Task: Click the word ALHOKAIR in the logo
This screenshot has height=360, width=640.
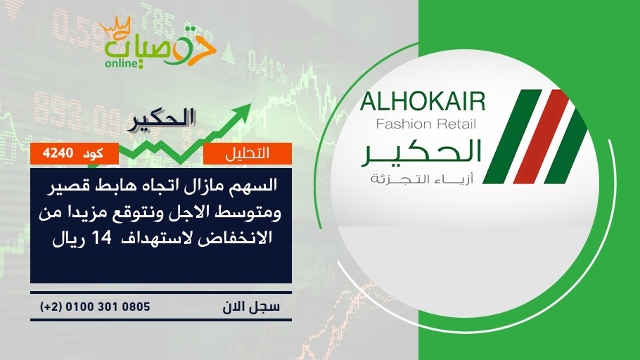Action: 423,102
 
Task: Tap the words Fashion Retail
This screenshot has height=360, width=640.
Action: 425,124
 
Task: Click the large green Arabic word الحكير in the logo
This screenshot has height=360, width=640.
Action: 421,153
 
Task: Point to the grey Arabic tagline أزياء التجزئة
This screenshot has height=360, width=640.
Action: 422,179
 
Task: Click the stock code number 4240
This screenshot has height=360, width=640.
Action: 58,153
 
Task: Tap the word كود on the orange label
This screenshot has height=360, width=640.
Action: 93,153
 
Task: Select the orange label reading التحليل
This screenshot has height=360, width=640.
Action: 248,153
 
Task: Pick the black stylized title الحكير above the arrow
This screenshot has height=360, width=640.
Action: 162,120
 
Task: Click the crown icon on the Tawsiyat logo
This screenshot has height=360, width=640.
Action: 115,27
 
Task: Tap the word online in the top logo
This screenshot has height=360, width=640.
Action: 120,63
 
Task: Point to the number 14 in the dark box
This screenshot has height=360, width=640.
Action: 102,238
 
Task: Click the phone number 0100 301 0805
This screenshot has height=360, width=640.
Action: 108,307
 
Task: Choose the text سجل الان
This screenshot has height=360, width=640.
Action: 251,307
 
